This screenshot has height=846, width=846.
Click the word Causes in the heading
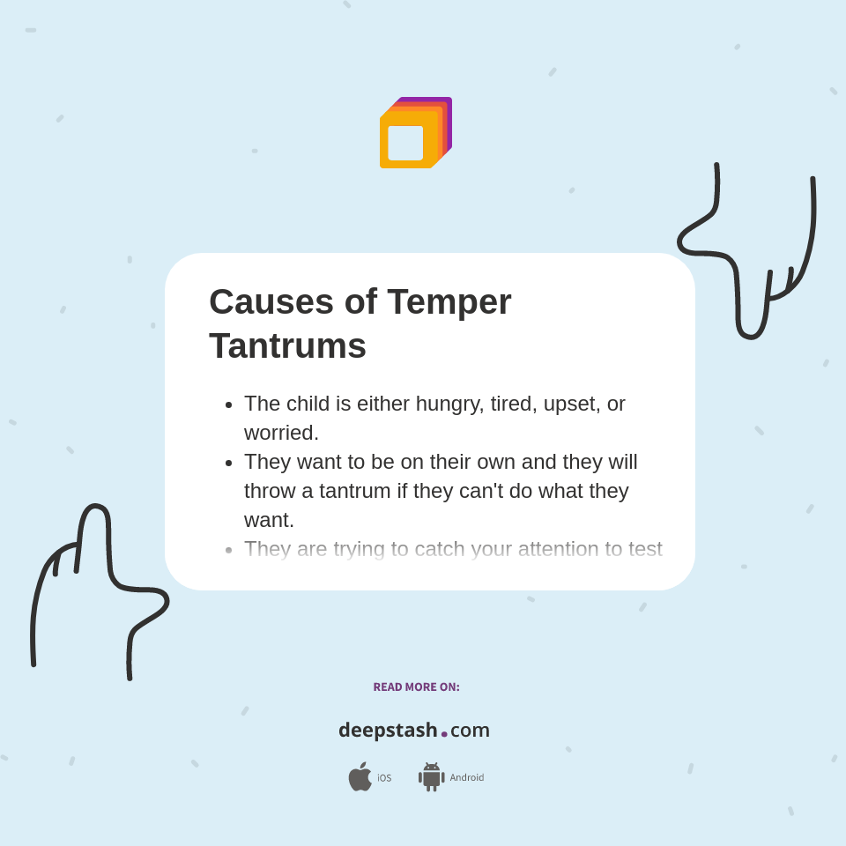coord(271,302)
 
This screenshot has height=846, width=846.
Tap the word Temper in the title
coord(449,302)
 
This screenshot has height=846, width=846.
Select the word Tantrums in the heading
coord(287,345)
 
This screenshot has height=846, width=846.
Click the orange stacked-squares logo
coord(415,132)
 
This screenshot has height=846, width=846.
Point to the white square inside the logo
coord(405,143)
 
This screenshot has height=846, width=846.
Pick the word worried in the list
coord(281,433)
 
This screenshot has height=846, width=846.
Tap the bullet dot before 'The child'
coord(229,404)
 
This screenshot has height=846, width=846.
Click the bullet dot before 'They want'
coord(229,463)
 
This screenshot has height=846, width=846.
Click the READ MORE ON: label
coord(416,687)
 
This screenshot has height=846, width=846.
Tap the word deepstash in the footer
coord(388,730)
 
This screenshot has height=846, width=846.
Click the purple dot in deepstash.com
coord(444,734)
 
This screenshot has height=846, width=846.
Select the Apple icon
coord(360,776)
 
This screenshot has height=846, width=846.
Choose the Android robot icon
coord(431,776)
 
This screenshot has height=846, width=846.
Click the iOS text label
coord(384,778)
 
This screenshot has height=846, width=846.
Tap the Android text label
coord(466,778)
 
